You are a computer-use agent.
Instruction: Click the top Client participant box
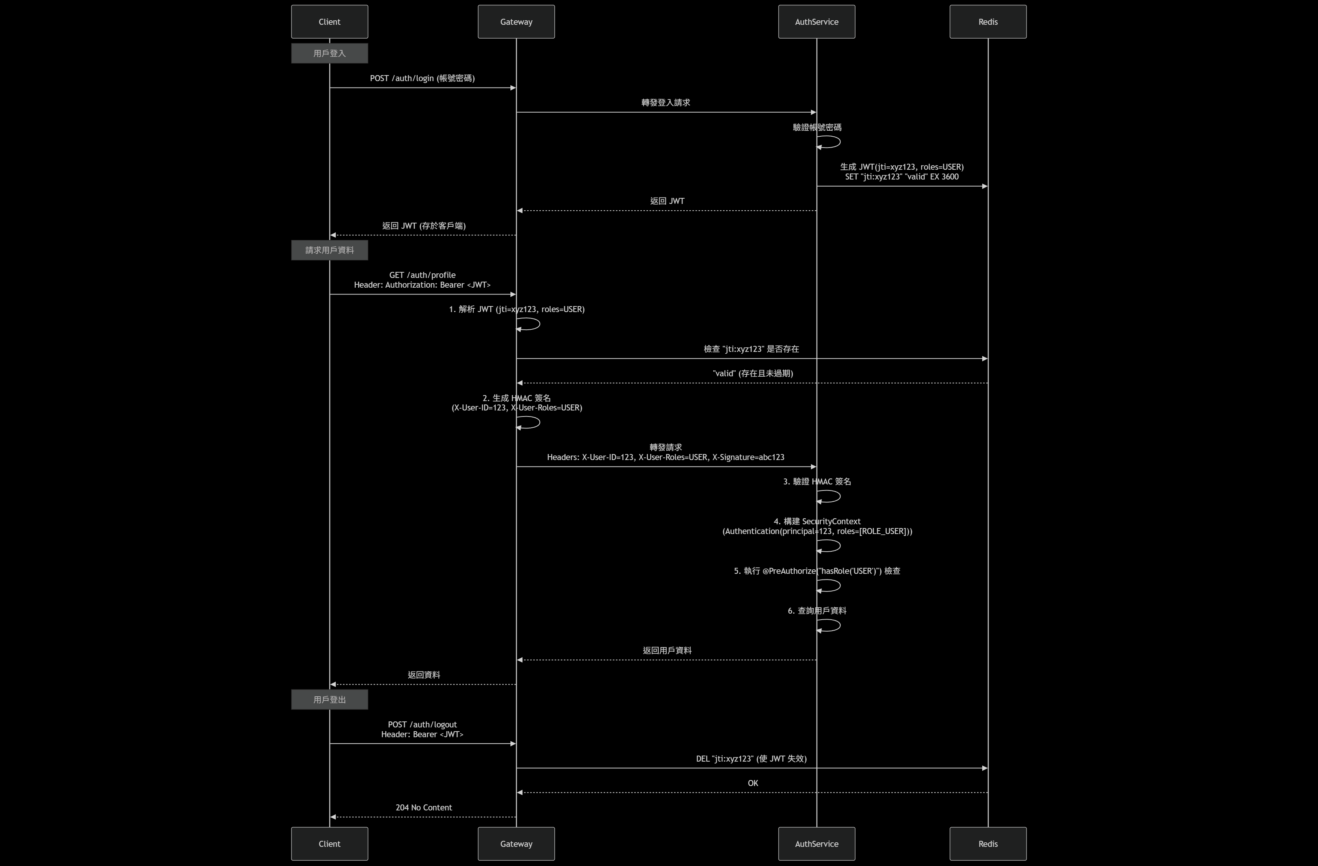point(329,22)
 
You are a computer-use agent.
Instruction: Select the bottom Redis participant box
point(987,843)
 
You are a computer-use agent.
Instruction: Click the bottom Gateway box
point(516,843)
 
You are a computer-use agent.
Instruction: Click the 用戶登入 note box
point(329,53)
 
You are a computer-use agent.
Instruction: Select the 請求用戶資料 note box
point(329,250)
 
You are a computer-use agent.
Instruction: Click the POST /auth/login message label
point(422,78)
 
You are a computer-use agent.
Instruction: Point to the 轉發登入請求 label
point(666,103)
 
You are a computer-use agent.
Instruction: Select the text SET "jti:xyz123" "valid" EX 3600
point(901,177)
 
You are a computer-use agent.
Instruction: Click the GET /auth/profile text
point(422,275)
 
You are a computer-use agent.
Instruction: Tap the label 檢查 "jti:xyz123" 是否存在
point(751,349)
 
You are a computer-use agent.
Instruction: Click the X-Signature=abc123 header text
point(748,457)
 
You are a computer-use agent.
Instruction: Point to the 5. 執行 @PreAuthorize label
point(817,570)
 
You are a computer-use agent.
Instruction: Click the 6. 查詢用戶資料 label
point(817,610)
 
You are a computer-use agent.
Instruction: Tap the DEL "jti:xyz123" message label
point(751,759)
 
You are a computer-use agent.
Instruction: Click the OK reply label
point(753,783)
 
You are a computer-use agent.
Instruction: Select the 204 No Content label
point(424,807)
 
